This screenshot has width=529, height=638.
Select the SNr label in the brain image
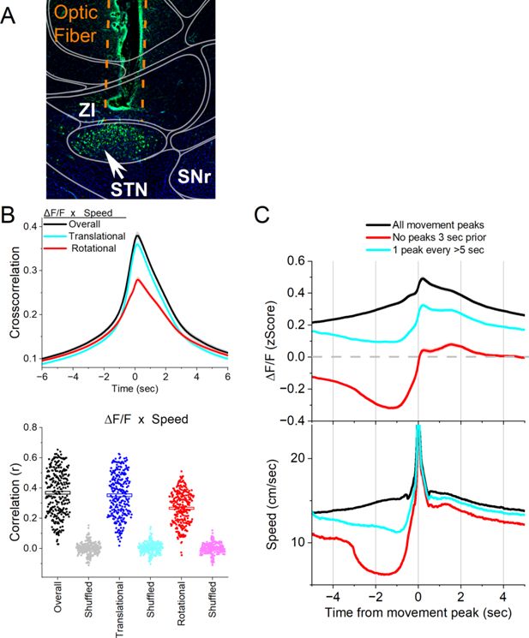195,176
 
